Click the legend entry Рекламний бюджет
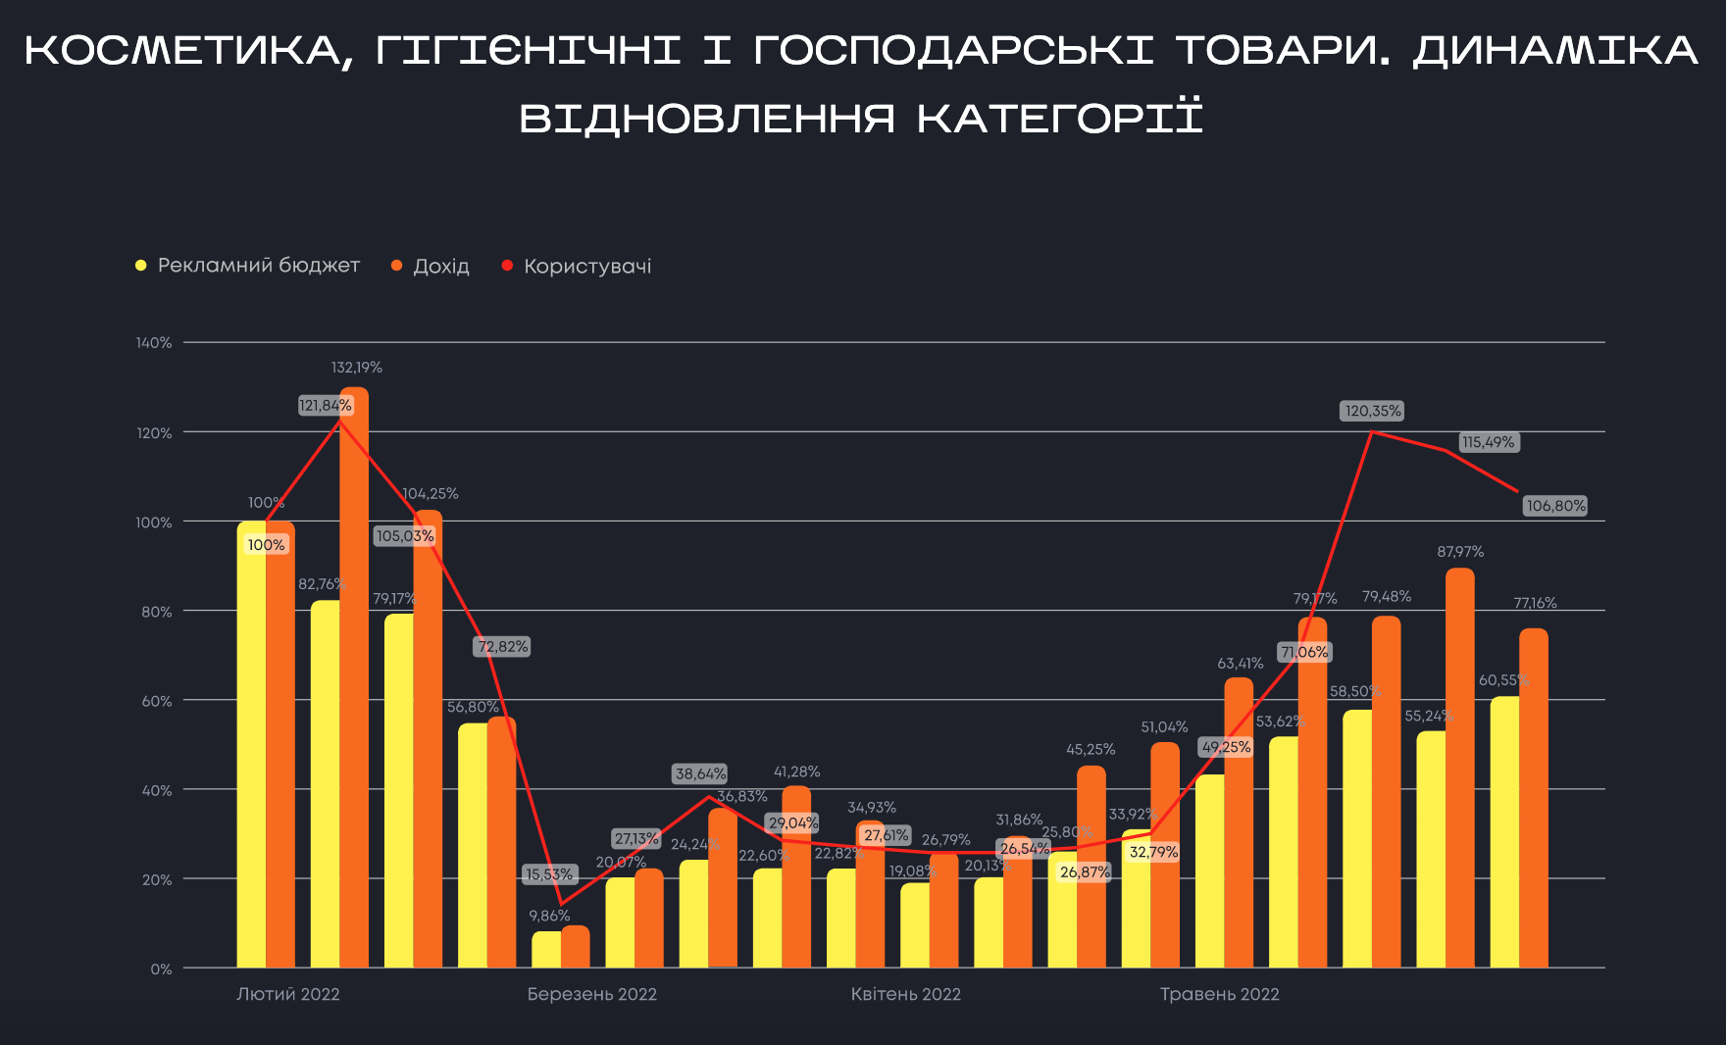click(x=258, y=266)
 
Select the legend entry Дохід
click(x=440, y=267)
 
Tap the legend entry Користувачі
click(x=586, y=267)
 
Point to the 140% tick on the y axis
click(x=154, y=343)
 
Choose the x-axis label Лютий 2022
click(x=288, y=994)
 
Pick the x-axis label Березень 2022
click(x=591, y=994)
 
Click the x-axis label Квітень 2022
click(x=905, y=994)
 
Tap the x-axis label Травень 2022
click(x=1219, y=994)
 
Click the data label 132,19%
click(x=356, y=368)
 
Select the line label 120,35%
click(x=1372, y=411)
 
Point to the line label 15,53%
click(x=549, y=874)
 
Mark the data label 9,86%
click(x=549, y=916)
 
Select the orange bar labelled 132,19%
click(x=354, y=676)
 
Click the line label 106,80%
click(x=1555, y=506)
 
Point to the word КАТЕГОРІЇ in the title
click(x=1059, y=119)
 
